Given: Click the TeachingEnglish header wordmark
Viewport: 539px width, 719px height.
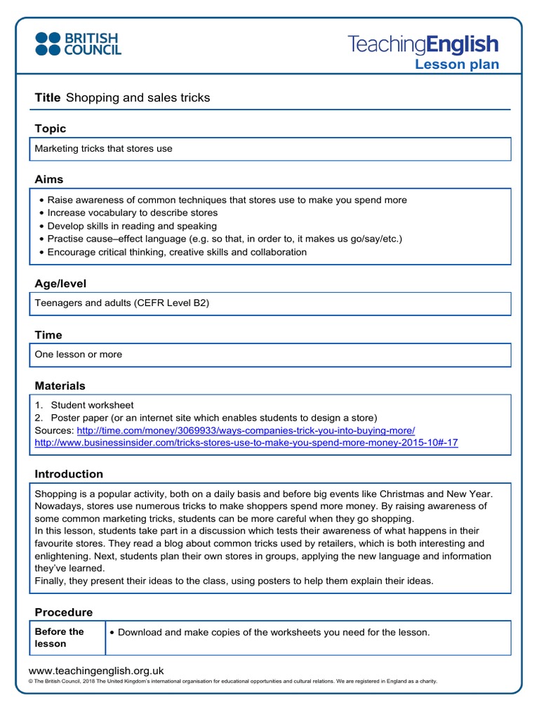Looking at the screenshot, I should click(423, 44).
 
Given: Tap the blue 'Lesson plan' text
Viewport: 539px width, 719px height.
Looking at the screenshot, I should click(457, 65).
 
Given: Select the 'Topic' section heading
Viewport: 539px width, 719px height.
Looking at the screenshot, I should click(51, 128).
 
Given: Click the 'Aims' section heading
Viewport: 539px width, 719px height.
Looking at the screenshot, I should click(49, 180).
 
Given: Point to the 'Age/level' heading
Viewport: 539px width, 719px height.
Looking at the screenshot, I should click(60, 284).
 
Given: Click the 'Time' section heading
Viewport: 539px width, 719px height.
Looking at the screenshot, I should click(48, 335).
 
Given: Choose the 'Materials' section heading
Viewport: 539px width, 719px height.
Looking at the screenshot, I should click(60, 385).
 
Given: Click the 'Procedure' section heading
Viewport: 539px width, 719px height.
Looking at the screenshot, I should click(64, 612).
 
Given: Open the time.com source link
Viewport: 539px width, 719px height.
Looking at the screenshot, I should click(246, 430).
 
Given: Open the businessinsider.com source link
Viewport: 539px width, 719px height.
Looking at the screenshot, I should click(246, 443).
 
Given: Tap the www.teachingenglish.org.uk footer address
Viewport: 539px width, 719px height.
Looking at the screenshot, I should click(95, 671).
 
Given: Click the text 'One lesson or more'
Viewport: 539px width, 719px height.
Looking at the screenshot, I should click(79, 355).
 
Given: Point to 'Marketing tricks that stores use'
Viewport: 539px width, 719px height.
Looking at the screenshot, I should click(103, 149).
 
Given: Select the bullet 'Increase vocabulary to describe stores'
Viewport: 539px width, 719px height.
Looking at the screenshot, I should click(133, 213).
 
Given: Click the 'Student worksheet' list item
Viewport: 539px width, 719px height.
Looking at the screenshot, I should click(92, 405).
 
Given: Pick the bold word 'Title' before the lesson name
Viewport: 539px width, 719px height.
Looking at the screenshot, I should click(48, 98).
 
